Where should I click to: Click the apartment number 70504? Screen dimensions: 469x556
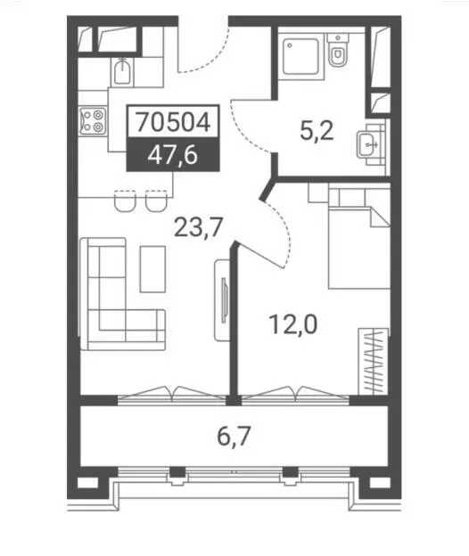174,121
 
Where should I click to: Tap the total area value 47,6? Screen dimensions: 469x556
173,155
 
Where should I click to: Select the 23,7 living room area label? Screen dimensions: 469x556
198,227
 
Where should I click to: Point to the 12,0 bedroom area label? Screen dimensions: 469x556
293,324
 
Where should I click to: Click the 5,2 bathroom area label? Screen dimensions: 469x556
317,130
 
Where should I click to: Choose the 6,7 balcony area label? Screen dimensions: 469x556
234,437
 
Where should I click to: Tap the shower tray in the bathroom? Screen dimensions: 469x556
300,56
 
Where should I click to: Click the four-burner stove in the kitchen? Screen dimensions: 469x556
93,121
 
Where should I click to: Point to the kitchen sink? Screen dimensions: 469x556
122,73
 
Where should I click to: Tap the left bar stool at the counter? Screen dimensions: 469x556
125,201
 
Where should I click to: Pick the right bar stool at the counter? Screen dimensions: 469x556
156,201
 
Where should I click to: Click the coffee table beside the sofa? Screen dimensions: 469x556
152,269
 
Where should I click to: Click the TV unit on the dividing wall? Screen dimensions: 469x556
222,300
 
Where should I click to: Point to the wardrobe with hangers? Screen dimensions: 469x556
374,361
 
